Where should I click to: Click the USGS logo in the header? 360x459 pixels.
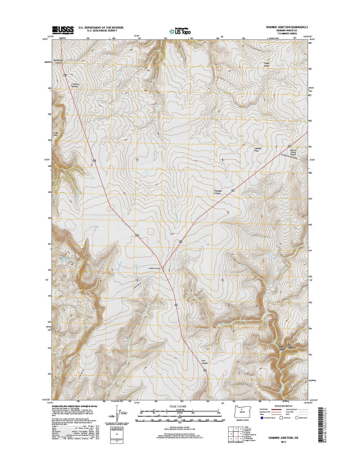pyautogui.click(x=63, y=29)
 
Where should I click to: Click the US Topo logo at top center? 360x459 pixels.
pyautogui.click(x=180, y=31)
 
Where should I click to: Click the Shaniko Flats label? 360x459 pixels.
pyautogui.click(x=258, y=150)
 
